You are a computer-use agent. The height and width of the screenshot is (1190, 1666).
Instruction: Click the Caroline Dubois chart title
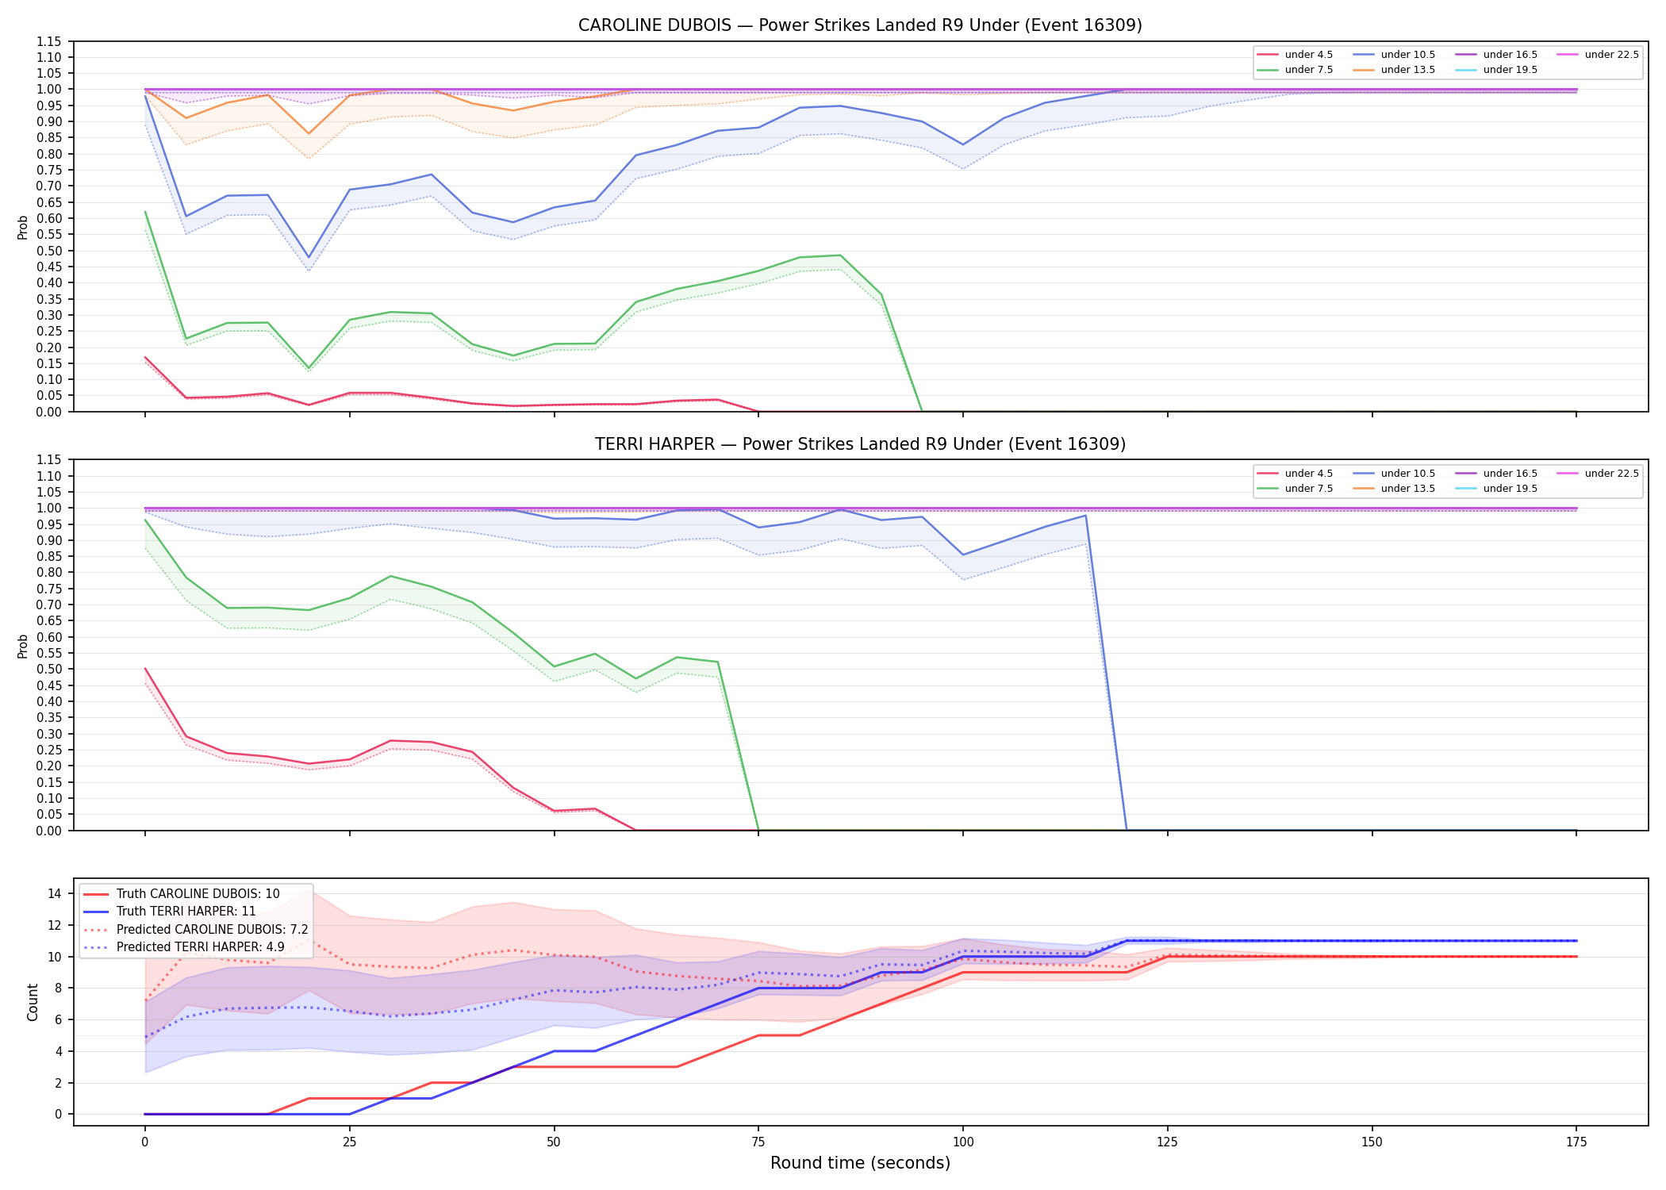[x=860, y=25]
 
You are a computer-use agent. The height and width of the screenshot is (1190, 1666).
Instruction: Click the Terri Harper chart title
[x=860, y=444]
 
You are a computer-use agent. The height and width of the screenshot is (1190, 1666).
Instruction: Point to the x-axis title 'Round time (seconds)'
[x=860, y=1163]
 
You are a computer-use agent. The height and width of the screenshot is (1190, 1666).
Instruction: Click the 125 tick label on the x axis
[x=1167, y=1142]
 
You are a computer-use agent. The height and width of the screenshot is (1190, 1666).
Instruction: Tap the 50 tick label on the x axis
[x=554, y=1142]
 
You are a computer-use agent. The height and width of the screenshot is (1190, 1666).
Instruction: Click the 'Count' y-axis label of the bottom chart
[x=33, y=1002]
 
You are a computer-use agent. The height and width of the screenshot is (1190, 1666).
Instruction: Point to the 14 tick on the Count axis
[x=54, y=893]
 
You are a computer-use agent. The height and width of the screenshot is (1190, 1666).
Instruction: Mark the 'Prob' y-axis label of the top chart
[x=23, y=227]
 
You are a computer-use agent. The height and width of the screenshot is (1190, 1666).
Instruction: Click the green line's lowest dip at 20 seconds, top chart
[x=309, y=368]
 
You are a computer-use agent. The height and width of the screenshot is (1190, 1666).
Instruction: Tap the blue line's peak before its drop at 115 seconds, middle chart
[x=1085, y=516]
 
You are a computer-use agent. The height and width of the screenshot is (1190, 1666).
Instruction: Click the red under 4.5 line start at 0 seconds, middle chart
[x=145, y=669]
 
